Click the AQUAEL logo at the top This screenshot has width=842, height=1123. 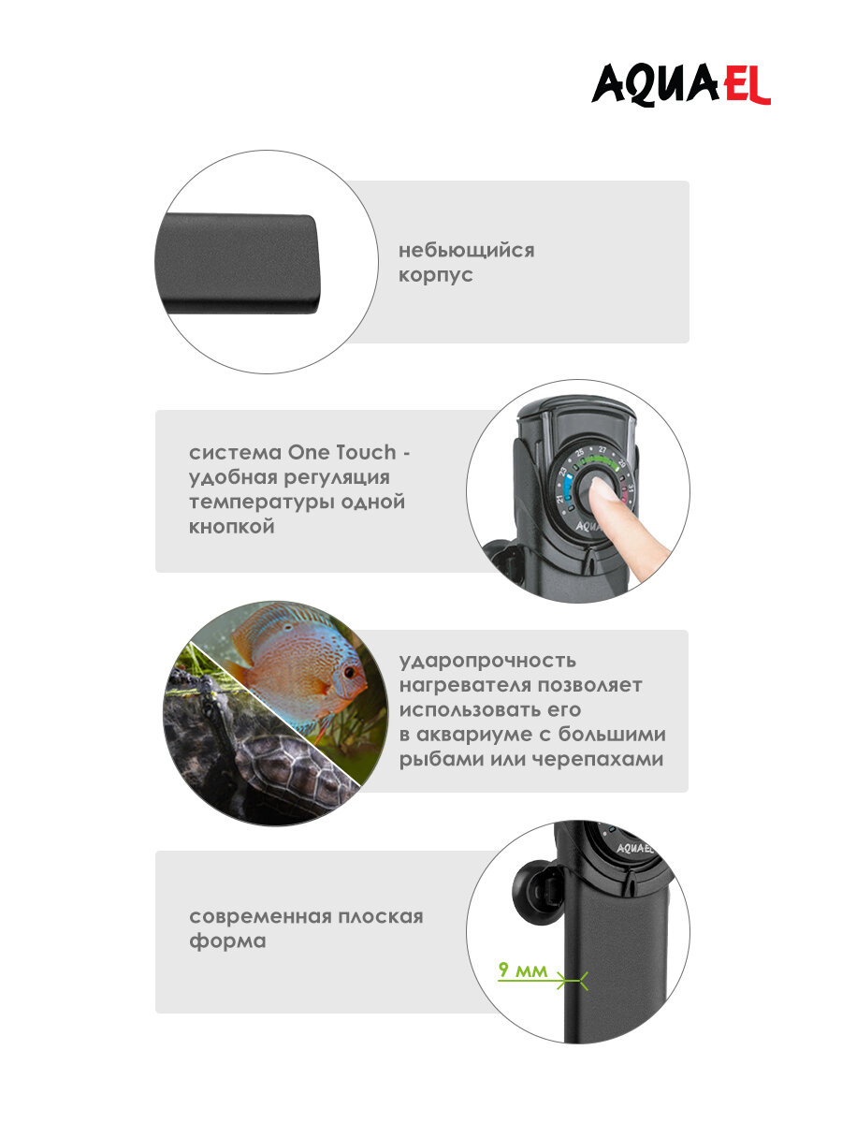(x=680, y=85)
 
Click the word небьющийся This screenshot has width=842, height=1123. (x=466, y=251)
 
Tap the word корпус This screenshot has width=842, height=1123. (x=436, y=276)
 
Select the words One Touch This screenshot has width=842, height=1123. (x=342, y=452)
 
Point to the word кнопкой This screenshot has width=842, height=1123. (x=232, y=527)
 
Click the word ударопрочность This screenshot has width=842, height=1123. (x=487, y=661)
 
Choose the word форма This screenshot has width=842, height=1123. (x=227, y=941)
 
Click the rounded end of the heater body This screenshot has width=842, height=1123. (x=305, y=264)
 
